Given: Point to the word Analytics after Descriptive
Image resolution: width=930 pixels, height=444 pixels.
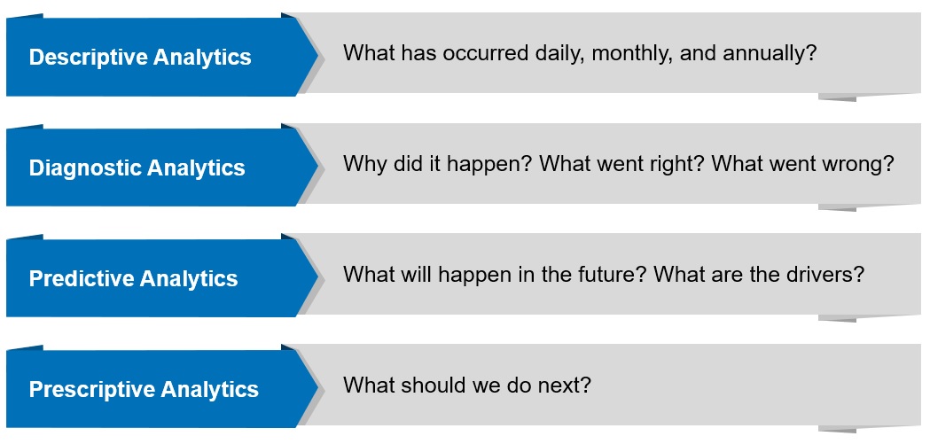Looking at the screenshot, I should click(203, 58).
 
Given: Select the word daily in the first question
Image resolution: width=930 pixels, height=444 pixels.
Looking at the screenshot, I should click(555, 53).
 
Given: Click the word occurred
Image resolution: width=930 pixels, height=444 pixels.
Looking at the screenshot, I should click(477, 53).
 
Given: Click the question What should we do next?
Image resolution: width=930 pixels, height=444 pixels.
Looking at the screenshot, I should click(467, 386).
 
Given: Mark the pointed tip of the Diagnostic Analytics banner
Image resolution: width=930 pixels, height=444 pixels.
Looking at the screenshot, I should click(317, 167).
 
